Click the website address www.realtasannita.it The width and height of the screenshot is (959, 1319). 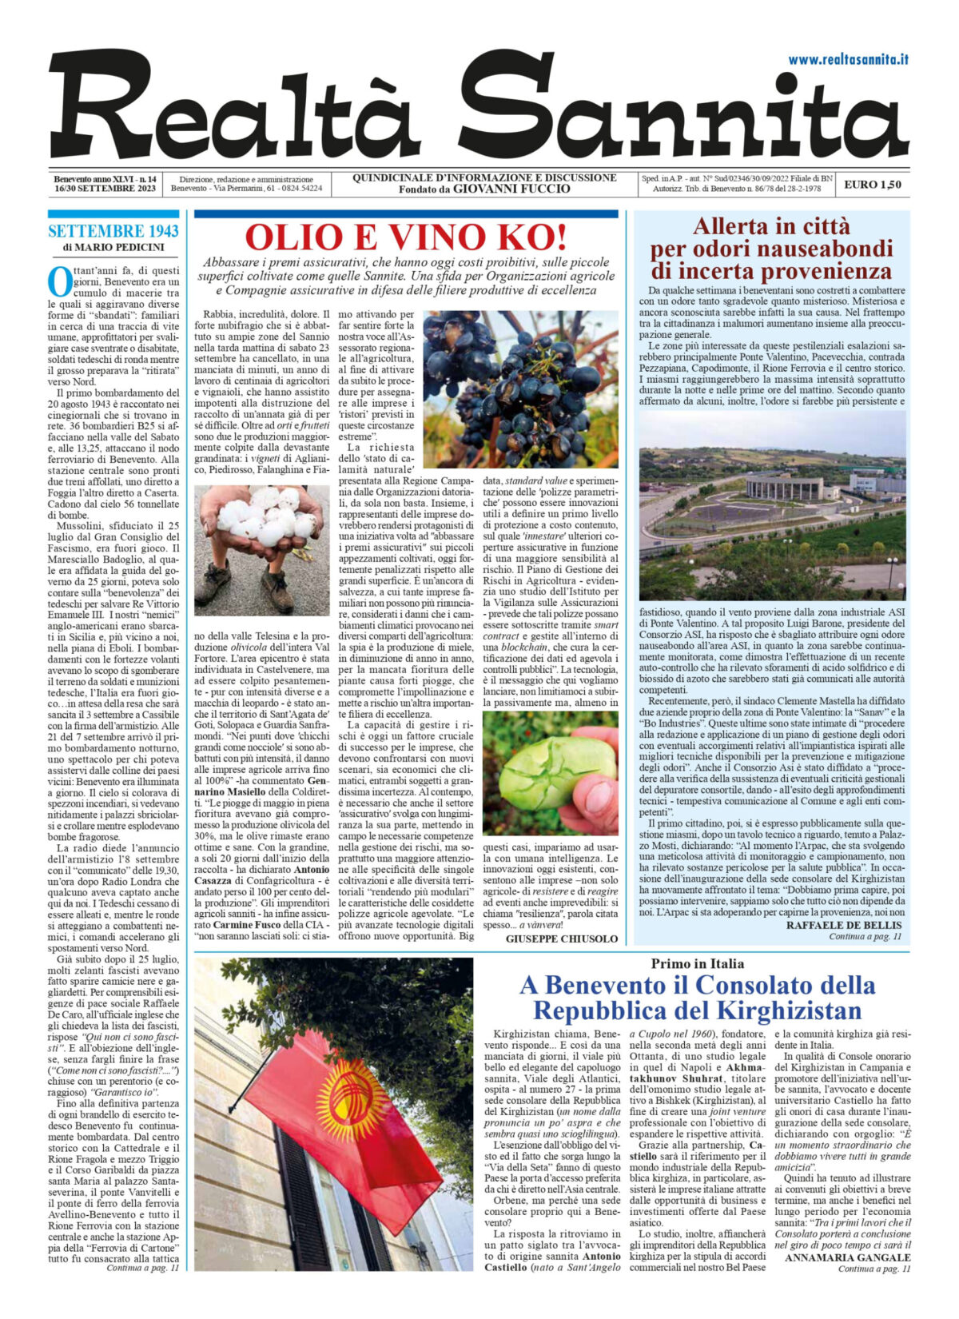[x=848, y=59]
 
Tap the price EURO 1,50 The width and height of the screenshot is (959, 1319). [x=873, y=185]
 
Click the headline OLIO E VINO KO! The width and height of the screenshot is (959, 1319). [x=405, y=237]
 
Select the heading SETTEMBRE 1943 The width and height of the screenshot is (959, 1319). [x=113, y=232]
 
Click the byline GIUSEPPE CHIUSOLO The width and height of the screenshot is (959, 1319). [x=562, y=938]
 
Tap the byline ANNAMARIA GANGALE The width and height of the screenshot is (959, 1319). [x=848, y=1257]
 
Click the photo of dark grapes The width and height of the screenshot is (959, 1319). [x=520, y=389]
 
